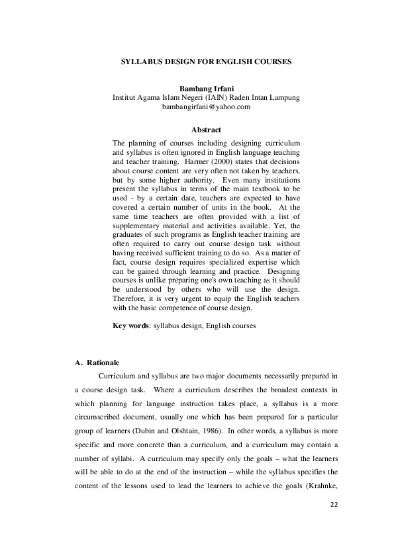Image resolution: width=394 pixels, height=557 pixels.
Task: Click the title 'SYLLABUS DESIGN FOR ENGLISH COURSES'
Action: pyautogui.click(x=205, y=61)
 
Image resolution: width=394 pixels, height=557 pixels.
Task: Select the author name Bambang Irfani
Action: pyautogui.click(x=206, y=88)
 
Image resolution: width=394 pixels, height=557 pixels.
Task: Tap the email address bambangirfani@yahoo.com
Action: pyautogui.click(x=206, y=107)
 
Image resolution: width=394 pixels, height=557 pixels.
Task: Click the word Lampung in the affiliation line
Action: pyautogui.click(x=283, y=97)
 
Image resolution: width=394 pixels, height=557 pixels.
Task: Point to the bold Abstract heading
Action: pyautogui.click(x=206, y=130)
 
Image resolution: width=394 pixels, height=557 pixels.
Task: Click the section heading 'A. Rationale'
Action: pyautogui.click(x=97, y=363)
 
